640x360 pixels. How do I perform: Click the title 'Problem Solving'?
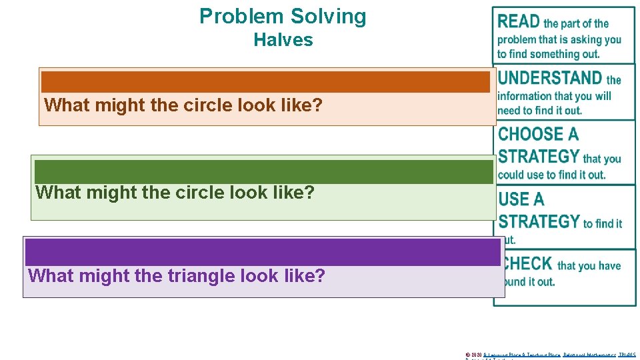click(283, 16)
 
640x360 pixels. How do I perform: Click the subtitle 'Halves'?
click(283, 40)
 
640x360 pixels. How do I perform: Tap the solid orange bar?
click(265, 81)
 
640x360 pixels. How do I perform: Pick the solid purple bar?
click(262, 253)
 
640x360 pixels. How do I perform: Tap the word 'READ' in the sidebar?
click(519, 22)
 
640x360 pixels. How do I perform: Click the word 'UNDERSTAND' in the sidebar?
click(550, 79)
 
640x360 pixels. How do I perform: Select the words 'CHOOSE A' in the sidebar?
click(538, 134)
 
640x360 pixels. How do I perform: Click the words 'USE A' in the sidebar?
click(521, 199)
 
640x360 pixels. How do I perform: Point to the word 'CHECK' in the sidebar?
click(528, 264)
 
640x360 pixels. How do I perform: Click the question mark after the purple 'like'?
click(321, 275)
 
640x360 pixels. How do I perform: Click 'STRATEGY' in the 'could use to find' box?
click(539, 157)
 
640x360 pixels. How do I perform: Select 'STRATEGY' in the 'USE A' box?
click(539, 221)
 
